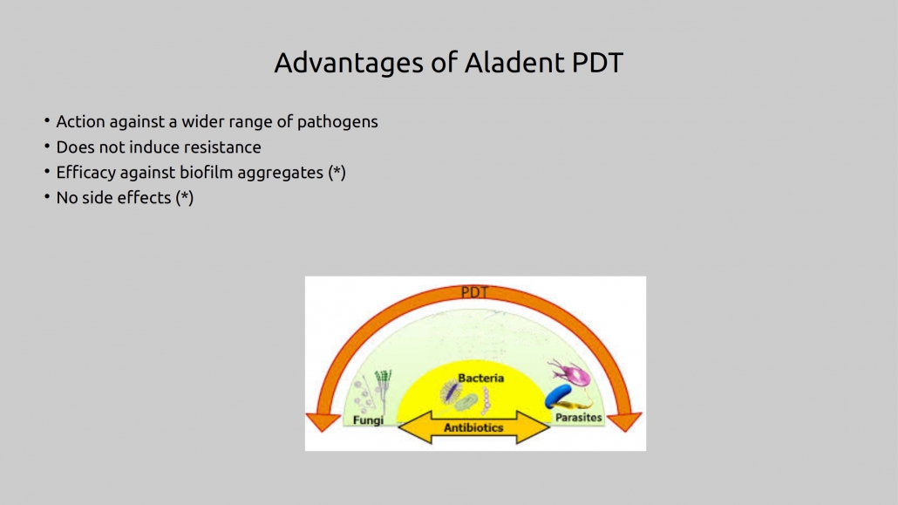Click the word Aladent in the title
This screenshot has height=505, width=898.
(x=514, y=63)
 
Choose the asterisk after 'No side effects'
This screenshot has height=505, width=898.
(x=185, y=196)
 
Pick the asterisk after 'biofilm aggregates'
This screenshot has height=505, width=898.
(x=337, y=171)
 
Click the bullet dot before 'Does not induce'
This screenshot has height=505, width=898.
(x=47, y=147)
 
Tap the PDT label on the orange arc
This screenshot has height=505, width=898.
(x=474, y=292)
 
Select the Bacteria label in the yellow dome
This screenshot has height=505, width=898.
(x=481, y=378)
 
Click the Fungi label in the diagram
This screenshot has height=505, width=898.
(x=368, y=420)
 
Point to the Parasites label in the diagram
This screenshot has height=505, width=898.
(x=578, y=417)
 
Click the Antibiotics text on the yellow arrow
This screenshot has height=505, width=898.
(x=473, y=427)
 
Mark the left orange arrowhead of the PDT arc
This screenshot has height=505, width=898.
(x=323, y=420)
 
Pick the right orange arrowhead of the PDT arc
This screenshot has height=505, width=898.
(x=624, y=420)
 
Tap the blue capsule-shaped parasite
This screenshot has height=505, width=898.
(x=557, y=395)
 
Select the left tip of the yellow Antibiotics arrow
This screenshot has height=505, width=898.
(x=398, y=427)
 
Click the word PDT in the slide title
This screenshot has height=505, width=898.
(x=597, y=63)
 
